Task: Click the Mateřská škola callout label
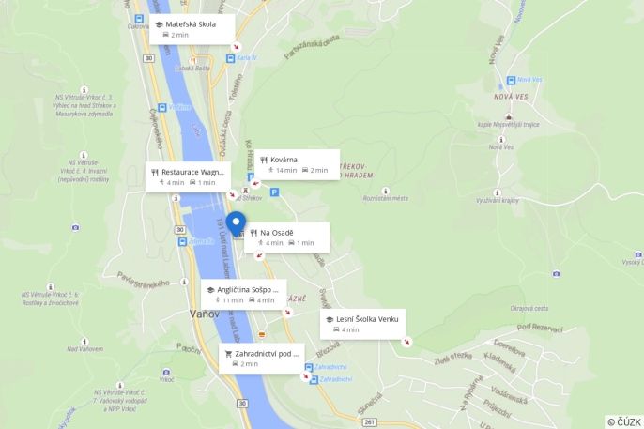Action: [192, 28]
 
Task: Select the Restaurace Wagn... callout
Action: [187, 176]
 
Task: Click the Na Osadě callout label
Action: [287, 237]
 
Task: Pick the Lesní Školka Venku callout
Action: [361, 324]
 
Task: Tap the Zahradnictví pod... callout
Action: [261, 358]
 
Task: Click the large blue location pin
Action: [235, 224]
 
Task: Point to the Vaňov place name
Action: [205, 314]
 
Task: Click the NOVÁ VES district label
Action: [511, 97]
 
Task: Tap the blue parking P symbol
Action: [274, 192]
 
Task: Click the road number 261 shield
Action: [370, 421]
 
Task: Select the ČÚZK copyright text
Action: [624, 421]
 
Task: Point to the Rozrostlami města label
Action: [385, 198]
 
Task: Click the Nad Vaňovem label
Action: [84, 349]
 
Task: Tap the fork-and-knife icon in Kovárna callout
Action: [264, 160]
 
